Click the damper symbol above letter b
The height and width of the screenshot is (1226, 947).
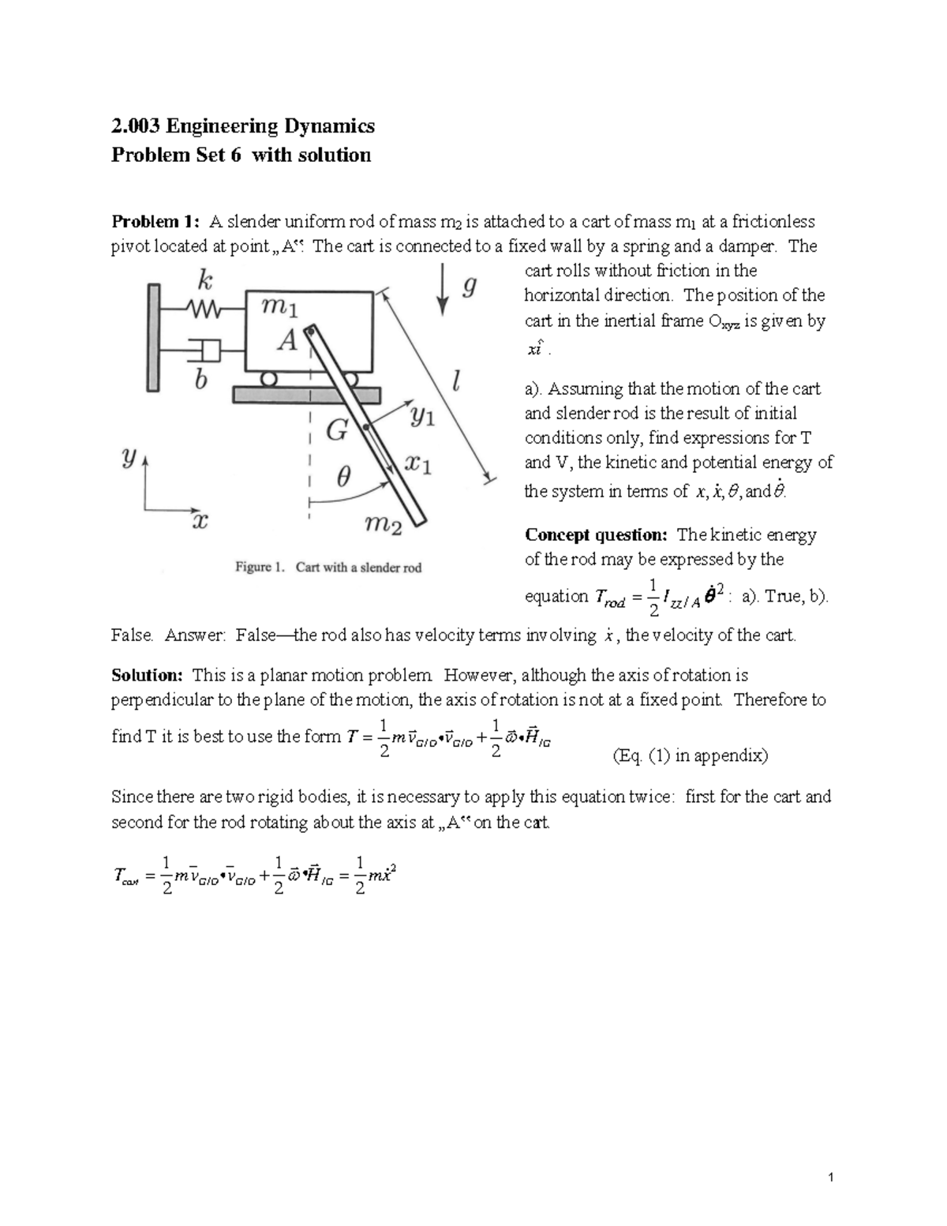tap(208, 348)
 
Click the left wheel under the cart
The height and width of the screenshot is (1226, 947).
tap(269, 379)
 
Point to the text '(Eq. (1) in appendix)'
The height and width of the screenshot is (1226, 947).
tap(690, 756)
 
